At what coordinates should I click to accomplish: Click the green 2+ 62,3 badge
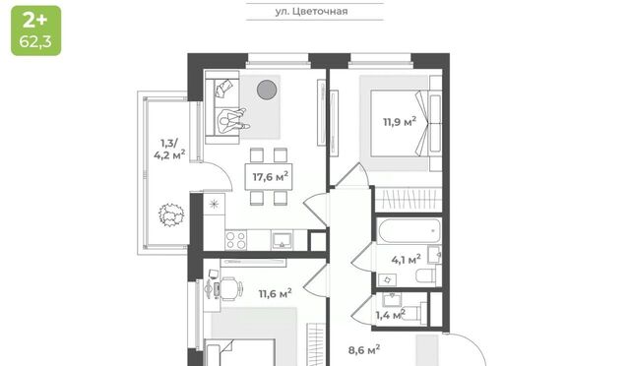coord(36,30)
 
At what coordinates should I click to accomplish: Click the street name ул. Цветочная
coord(311,11)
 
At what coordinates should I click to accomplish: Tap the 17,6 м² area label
coord(271,177)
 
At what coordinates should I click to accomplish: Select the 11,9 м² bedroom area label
coord(400,122)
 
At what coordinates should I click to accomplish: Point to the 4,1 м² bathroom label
coord(407,260)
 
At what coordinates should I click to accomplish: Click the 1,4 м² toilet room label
coord(391,315)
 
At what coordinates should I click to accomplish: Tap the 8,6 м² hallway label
coord(364,350)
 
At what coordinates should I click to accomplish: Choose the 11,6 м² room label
coord(276,293)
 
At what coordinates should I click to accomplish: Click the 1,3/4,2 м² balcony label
coord(169,149)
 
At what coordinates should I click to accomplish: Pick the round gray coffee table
coord(267,90)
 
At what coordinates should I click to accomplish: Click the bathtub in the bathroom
coord(409,230)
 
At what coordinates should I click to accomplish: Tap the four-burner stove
coord(236,240)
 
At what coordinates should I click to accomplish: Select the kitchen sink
coord(283,240)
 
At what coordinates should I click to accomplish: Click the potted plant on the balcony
coord(171,214)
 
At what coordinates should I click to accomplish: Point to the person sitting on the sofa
coord(232,121)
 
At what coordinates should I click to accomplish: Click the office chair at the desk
coord(230,288)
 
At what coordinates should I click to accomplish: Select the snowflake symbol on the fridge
coord(214,204)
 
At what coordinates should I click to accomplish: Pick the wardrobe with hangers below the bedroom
coord(409,200)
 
